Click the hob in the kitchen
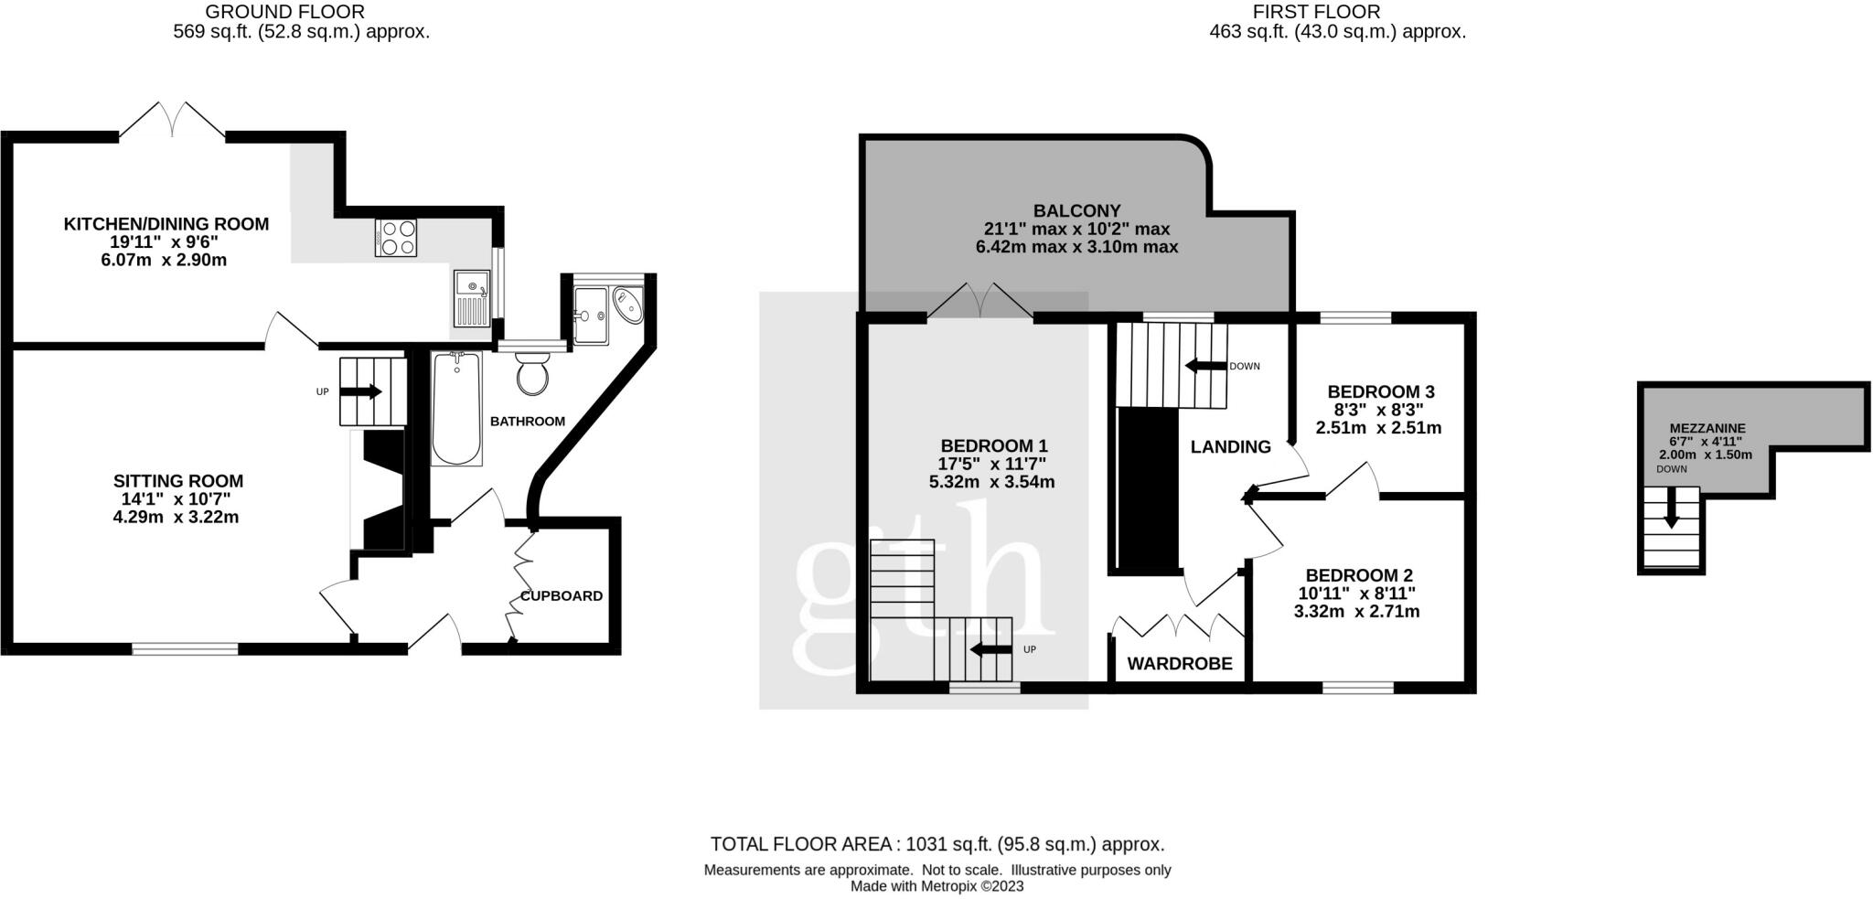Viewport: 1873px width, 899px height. (395, 238)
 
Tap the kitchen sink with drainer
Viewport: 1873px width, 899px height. (472, 298)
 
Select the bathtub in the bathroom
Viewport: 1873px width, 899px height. (455, 409)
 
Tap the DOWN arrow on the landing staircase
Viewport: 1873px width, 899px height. (1205, 366)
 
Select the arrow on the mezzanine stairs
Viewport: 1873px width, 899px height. (1671, 508)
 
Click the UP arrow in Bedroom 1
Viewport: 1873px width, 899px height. (990, 650)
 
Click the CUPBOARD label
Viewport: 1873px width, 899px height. (562, 596)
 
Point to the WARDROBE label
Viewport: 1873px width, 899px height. (1180, 664)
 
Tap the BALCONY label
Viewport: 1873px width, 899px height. (1076, 211)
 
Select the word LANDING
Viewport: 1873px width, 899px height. (1230, 447)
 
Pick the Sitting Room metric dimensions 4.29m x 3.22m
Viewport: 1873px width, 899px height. (177, 517)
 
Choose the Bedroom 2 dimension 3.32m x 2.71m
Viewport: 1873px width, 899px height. (1357, 611)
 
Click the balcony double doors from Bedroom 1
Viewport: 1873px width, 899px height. (980, 301)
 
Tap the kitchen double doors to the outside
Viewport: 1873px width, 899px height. (172, 120)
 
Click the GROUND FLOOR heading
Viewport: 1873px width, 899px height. (284, 12)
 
